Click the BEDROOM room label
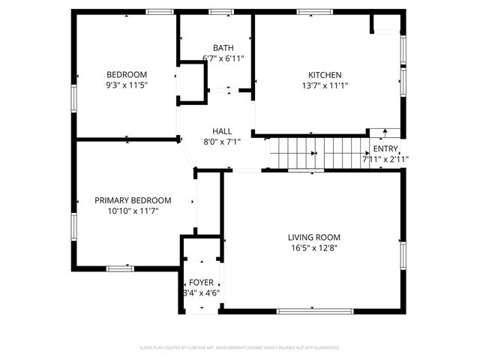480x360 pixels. [126, 74]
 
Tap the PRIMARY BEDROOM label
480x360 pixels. [133, 200]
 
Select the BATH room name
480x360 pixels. [223, 47]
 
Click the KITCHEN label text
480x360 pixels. [325, 74]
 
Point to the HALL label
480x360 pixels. [222, 130]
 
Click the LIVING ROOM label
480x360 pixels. [314, 237]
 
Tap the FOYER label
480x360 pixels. [201, 282]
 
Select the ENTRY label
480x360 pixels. [385, 148]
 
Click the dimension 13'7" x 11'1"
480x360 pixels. [325, 85]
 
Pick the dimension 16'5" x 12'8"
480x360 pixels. [314, 248]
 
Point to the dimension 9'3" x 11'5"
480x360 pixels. [126, 85]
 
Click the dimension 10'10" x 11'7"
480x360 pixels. [133, 211]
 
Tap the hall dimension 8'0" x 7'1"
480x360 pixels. [222, 142]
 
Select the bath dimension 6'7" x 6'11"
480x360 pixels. [223, 58]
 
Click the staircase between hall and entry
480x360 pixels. [315, 153]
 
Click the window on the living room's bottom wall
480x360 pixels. [315, 310]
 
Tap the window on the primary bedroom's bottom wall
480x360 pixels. [120, 268]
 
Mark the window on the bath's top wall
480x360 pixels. [220, 11]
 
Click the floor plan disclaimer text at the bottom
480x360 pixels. [240, 347]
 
